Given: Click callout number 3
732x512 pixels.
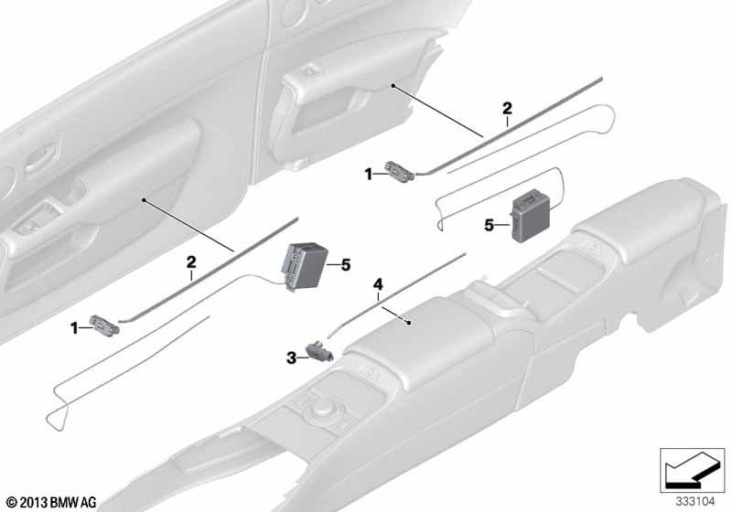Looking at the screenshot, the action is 291,358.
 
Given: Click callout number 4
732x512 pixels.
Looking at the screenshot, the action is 378,284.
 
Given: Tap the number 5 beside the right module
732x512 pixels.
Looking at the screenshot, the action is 489,226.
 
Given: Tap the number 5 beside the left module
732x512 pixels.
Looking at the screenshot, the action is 346,265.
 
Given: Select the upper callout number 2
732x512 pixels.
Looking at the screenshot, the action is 507,109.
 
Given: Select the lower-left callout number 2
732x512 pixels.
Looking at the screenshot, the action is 191,262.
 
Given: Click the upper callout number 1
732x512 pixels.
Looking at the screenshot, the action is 369,175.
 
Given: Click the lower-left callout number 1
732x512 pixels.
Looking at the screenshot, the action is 74,329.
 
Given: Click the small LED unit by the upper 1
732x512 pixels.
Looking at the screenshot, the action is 399,172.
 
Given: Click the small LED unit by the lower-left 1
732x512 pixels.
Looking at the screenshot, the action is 104,324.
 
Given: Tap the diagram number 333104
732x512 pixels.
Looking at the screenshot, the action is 695,502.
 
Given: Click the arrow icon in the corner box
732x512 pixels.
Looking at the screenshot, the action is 691,469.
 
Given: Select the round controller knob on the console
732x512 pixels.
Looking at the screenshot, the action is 320,411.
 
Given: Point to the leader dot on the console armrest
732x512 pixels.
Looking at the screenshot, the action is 409,322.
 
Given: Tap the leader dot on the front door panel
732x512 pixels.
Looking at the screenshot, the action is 145,200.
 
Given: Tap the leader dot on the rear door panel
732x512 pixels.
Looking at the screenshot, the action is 393,86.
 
